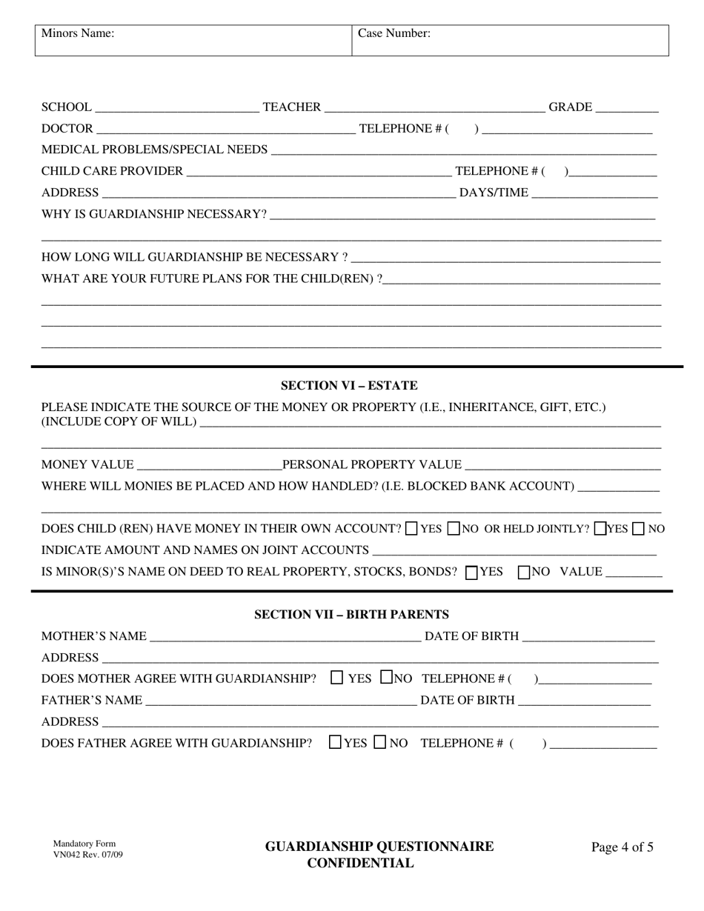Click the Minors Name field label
[78, 33]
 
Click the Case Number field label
[394, 33]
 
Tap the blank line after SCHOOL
[177, 108]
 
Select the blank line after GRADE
[627, 108]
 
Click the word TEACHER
[292, 108]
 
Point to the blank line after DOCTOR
[226, 130]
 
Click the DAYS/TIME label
[494, 193]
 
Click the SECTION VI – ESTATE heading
[349, 386]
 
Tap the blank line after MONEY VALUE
[209, 465]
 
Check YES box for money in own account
[412, 530]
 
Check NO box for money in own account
[455, 530]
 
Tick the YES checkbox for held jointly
[600, 530]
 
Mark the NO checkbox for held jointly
[639, 530]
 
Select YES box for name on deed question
[471, 573]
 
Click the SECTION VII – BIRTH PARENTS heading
[351, 615]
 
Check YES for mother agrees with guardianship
[337, 677]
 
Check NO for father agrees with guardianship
[380, 742]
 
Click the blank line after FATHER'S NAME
[282, 701]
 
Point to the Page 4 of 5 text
[622, 848]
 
